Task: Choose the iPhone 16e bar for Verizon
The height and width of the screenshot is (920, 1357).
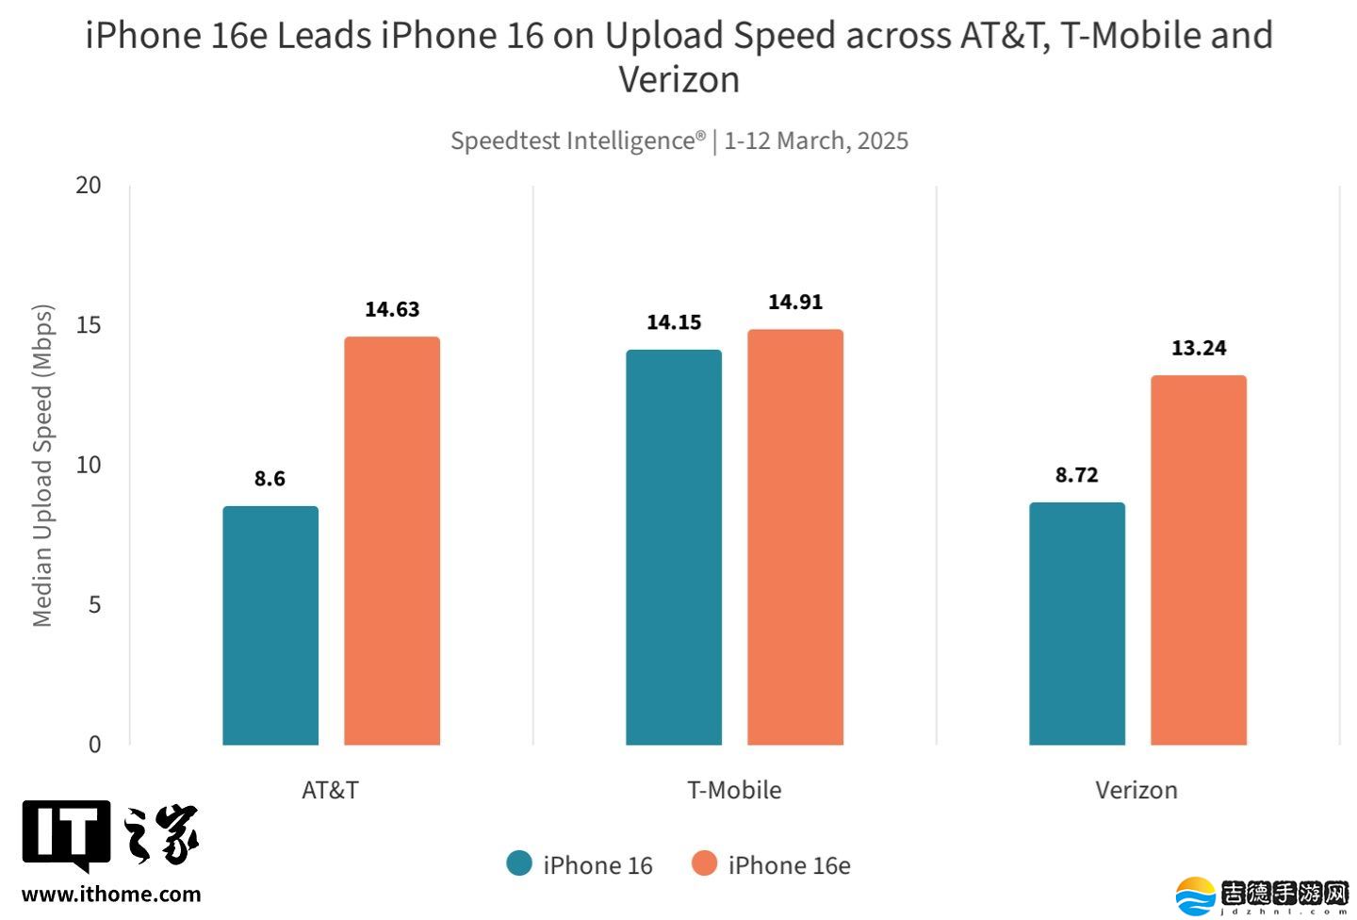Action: coord(1199,560)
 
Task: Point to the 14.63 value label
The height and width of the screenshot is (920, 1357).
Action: coord(392,309)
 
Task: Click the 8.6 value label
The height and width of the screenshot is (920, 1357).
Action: coord(270,479)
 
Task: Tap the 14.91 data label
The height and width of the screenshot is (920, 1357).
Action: coord(795,302)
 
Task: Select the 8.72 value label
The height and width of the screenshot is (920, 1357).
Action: coord(1077,475)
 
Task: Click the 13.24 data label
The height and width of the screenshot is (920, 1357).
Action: coord(1199,348)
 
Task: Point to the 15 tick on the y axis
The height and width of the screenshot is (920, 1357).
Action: coord(89,325)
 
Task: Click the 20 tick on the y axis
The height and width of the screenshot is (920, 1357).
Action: coord(89,185)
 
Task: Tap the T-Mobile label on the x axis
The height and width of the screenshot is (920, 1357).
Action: coord(734,790)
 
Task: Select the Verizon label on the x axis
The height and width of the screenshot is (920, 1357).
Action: coord(1136,790)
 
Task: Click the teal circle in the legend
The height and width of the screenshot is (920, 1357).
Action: coord(519,863)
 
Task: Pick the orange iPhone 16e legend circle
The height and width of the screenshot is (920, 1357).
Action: coord(704,863)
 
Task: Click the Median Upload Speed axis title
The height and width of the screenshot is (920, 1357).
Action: coord(42,465)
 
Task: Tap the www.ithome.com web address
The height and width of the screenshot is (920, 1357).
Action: coord(111,894)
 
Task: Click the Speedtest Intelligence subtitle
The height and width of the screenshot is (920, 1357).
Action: coord(678,140)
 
